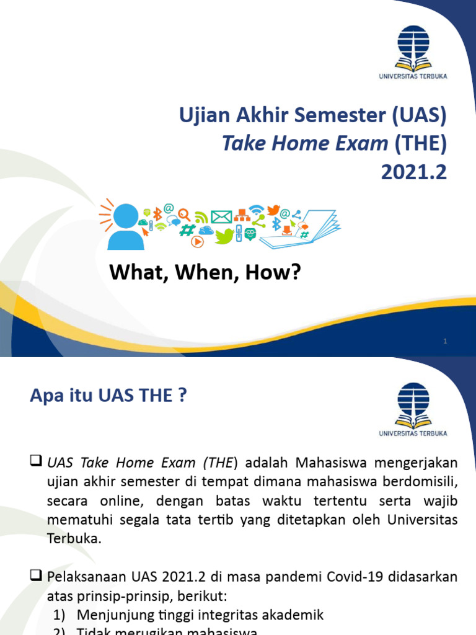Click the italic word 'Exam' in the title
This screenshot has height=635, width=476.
[x=361, y=143]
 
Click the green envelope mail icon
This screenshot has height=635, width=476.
[x=221, y=217]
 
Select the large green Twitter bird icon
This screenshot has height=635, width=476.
[x=225, y=235]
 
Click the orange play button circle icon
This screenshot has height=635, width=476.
[x=197, y=242]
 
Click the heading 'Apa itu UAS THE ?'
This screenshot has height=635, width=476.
[x=108, y=396]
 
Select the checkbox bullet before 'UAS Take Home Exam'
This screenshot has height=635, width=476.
[x=36, y=462]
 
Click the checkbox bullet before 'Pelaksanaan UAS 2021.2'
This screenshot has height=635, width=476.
[x=36, y=577]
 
